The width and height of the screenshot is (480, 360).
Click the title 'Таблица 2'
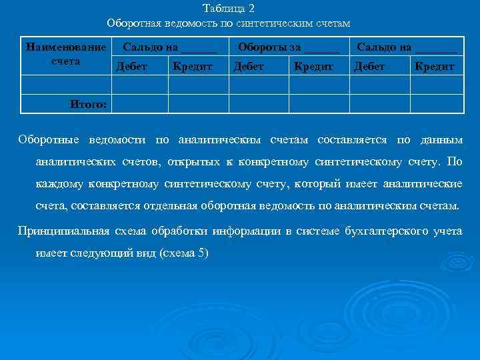coord(228,9)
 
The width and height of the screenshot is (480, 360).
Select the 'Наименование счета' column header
coord(65,54)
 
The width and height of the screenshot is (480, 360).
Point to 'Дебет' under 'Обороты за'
coord(248,67)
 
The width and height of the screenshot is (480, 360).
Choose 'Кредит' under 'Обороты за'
coord(313,67)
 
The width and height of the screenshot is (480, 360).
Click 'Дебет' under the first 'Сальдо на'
coord(132,67)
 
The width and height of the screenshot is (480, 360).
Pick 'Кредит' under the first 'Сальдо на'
coord(192,67)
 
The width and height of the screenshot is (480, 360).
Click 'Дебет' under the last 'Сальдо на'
coord(369,67)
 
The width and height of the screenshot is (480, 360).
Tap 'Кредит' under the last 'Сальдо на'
coord(434,67)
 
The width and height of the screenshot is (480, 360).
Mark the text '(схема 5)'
coord(185,253)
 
